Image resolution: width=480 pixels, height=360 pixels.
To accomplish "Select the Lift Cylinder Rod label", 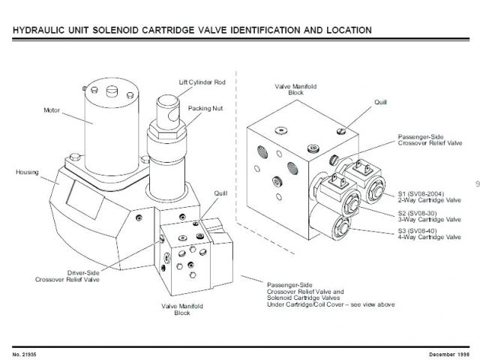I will (x=202, y=81).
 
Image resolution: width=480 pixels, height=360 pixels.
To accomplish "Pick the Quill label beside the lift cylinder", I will (x=220, y=193).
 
